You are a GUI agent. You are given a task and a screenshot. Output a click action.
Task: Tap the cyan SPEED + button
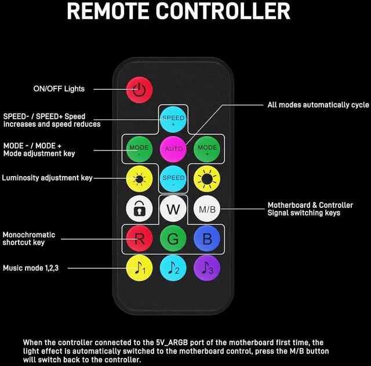(x=173, y=119)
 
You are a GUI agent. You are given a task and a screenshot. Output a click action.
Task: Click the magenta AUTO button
(x=173, y=149)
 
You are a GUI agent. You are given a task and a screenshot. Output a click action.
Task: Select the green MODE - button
(x=139, y=149)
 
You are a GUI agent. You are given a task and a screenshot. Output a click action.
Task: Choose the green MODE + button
(x=207, y=149)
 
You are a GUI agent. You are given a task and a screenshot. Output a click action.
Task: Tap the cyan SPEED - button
(x=173, y=178)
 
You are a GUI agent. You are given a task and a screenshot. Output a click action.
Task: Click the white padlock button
(x=139, y=208)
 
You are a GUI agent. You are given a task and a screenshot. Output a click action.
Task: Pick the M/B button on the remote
(x=207, y=208)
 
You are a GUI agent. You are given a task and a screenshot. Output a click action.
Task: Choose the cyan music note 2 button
(x=173, y=269)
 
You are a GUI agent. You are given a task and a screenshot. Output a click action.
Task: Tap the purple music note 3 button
(x=207, y=269)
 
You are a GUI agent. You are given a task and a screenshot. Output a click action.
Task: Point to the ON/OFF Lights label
(x=59, y=89)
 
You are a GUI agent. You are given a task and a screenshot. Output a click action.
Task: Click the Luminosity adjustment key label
(x=48, y=178)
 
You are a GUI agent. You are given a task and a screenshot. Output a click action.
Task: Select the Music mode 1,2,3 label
(x=34, y=268)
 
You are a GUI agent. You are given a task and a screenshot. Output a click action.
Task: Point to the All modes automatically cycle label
(x=318, y=105)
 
